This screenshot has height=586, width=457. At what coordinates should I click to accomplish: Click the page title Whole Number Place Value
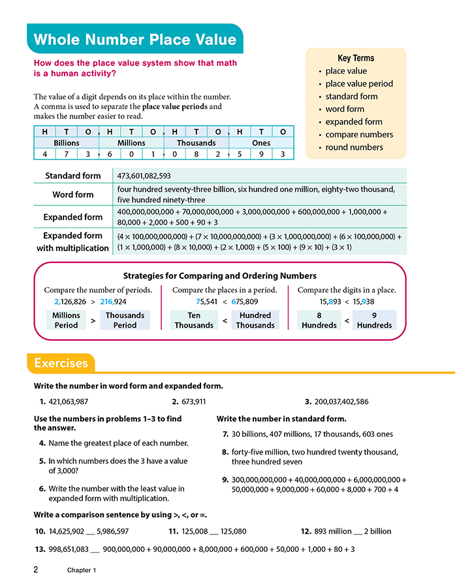pos(134,39)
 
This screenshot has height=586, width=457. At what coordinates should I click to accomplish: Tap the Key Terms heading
pos(356,58)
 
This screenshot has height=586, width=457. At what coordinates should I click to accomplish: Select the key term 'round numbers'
pos(355,147)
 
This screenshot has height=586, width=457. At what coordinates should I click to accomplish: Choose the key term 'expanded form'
pos(354,122)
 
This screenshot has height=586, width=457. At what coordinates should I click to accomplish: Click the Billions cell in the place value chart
pos(66,143)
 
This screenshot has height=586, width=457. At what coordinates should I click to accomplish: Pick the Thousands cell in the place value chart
pos(196,143)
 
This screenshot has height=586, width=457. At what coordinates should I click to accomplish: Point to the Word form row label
pos(73,194)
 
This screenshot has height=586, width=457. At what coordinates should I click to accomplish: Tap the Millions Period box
pos(67,320)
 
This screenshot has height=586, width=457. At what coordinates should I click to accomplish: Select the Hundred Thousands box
pos(255,320)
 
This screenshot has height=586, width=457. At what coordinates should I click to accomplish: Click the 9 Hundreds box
pos(375,320)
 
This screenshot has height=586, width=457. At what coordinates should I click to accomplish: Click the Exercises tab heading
pos(61,363)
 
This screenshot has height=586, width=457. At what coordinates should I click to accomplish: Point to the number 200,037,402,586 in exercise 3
pos(340,402)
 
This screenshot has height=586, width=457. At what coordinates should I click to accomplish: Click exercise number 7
pos(226,434)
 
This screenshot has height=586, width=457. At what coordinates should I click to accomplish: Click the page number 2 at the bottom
pos(37,570)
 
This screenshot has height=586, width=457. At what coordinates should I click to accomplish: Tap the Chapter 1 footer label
pos(82,570)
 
